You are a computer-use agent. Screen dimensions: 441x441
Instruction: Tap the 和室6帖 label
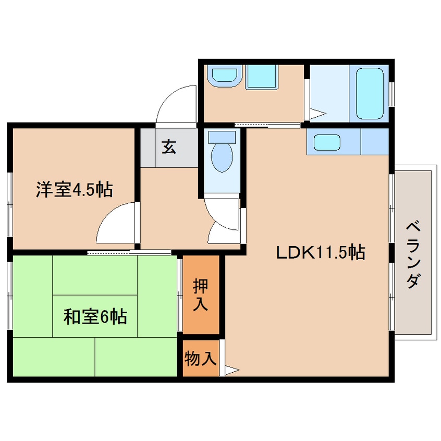pos(95,316)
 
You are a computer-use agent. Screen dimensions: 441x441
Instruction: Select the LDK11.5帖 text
pos(320,253)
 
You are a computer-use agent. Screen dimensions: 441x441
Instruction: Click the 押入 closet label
pos(201,295)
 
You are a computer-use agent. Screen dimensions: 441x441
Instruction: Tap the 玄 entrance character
pos(168,148)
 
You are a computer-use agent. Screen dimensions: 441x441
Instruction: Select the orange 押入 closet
pos(201,295)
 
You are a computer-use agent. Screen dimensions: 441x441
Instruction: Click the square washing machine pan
pos(263,77)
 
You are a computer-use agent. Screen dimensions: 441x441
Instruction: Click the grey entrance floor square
pos(168,148)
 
